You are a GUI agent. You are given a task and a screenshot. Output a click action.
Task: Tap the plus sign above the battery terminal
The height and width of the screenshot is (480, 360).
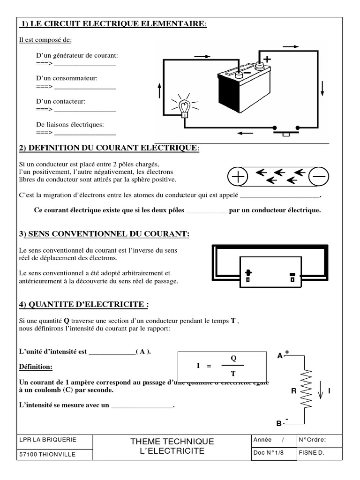click(x=267, y=59)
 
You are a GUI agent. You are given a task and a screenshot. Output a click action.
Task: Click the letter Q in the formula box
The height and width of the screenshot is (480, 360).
click(x=233, y=358)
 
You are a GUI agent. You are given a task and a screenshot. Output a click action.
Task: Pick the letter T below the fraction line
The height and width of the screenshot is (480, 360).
click(x=233, y=374)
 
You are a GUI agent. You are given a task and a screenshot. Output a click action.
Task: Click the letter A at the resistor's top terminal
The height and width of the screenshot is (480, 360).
click(x=280, y=356)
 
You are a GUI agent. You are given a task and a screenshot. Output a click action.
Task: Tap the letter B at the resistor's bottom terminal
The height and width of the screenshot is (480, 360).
click(x=278, y=423)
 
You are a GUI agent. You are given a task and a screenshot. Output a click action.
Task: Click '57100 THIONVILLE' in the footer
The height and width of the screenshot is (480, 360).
click(x=46, y=454)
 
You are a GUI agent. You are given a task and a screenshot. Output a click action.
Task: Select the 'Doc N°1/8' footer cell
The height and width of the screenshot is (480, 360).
click(x=269, y=453)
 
